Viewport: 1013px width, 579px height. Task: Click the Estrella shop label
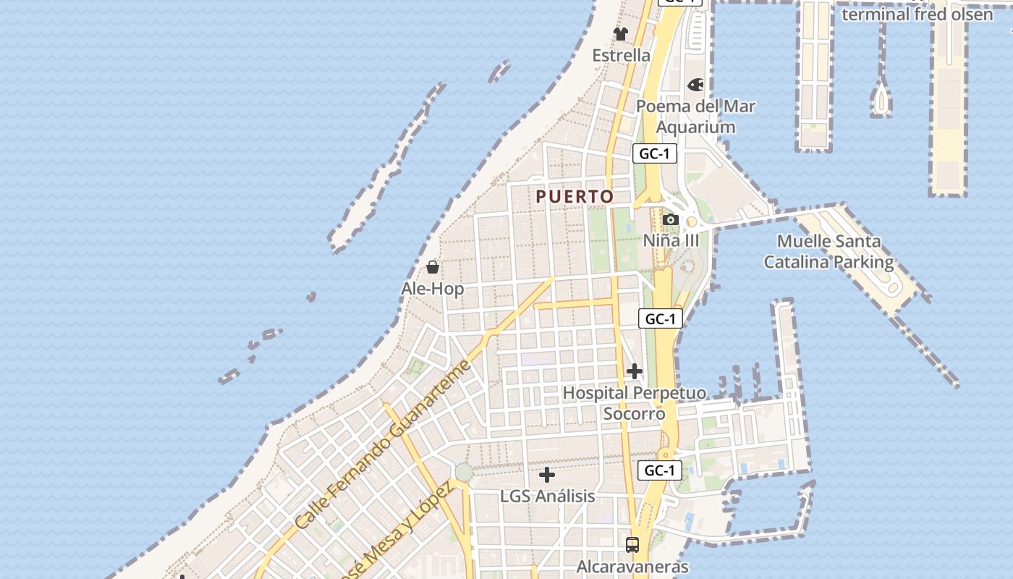[621, 56]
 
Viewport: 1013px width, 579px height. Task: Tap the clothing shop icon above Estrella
[621, 33]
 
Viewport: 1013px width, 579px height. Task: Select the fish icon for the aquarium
[695, 85]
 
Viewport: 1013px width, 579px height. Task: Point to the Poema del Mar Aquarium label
[695, 117]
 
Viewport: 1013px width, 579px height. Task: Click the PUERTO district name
[575, 196]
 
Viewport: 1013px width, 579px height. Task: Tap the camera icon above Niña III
[670, 219]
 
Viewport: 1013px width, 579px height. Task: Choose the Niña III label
[671, 240]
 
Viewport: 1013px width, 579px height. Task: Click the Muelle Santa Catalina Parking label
[829, 251]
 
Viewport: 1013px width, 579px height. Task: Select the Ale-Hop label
[433, 289]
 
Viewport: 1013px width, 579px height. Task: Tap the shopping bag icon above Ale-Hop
[433, 267]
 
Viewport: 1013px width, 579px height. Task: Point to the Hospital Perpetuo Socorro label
[635, 403]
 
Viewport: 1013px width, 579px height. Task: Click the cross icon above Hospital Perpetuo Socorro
[635, 372]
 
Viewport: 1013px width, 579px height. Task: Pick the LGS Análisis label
[548, 496]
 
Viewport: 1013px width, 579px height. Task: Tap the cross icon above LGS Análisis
[548, 475]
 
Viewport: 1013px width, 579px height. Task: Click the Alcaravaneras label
[632, 567]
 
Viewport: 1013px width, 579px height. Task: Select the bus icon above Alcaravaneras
[632, 544]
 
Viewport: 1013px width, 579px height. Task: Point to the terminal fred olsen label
[917, 14]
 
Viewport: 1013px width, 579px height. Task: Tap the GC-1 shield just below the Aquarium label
[655, 153]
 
